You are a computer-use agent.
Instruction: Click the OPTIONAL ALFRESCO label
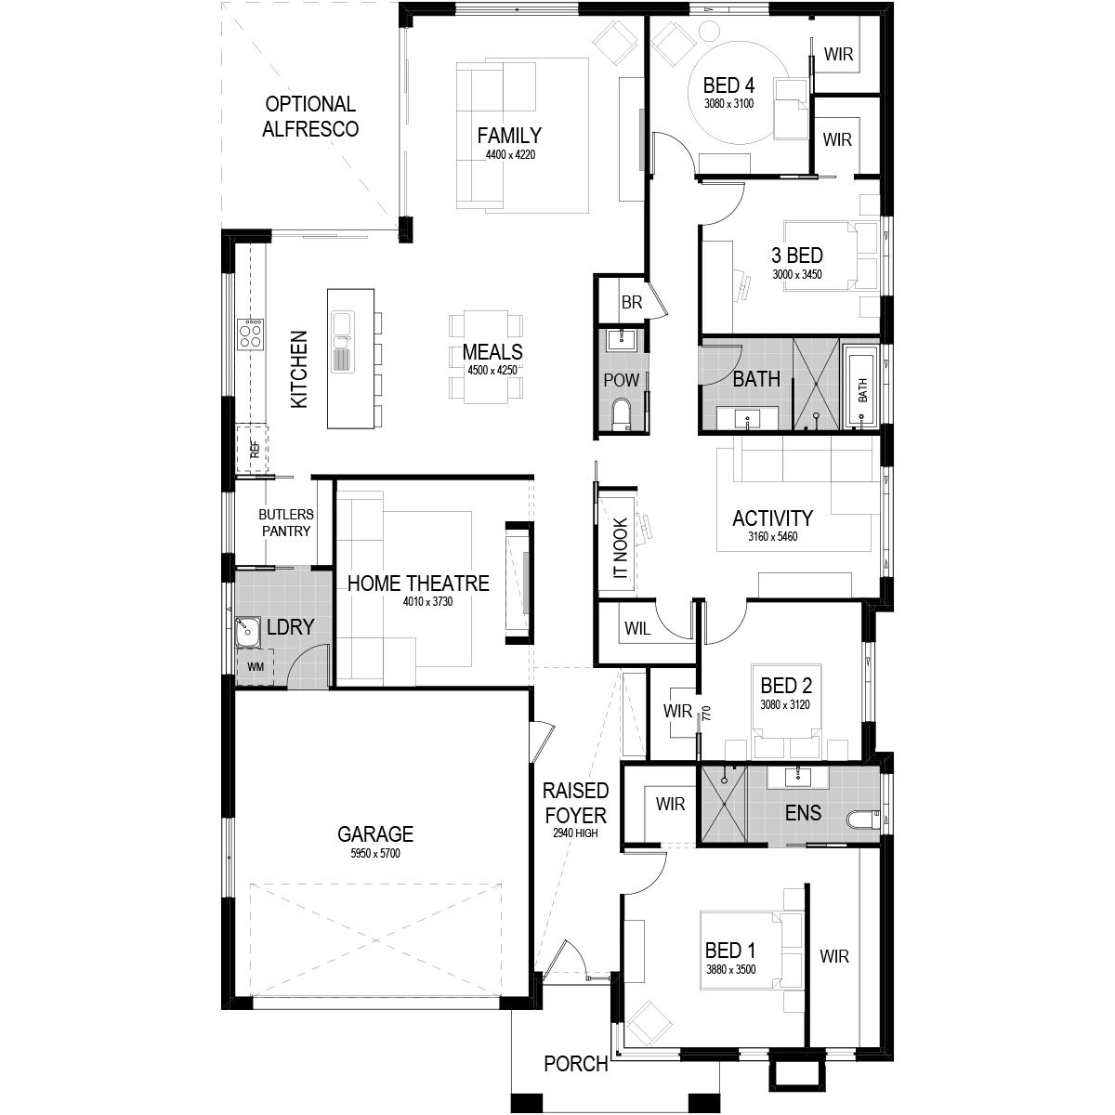[310, 116]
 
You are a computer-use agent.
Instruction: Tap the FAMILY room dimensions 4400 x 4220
[510, 154]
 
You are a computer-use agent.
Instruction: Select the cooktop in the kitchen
[251, 334]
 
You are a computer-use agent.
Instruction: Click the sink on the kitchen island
[343, 342]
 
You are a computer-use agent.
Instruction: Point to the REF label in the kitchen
[255, 449]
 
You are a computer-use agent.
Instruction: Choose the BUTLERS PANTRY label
[286, 522]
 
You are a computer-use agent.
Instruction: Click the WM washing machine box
[256, 666]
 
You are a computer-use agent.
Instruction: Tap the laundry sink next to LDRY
[249, 631]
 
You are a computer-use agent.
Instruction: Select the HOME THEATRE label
[418, 584]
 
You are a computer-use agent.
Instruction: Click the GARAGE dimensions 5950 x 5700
[375, 853]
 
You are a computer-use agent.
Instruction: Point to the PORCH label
[576, 1064]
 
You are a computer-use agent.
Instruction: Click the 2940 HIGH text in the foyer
[575, 833]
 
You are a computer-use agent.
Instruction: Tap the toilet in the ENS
[862, 820]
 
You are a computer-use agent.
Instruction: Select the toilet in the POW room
[622, 413]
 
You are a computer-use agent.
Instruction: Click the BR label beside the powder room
[632, 302]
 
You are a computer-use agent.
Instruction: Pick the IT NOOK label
[620, 547]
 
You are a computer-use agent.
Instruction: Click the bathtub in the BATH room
[861, 387]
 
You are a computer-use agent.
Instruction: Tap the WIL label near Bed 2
[637, 628]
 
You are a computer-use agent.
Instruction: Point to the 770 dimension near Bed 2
[706, 713]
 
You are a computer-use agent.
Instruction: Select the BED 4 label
[728, 85]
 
